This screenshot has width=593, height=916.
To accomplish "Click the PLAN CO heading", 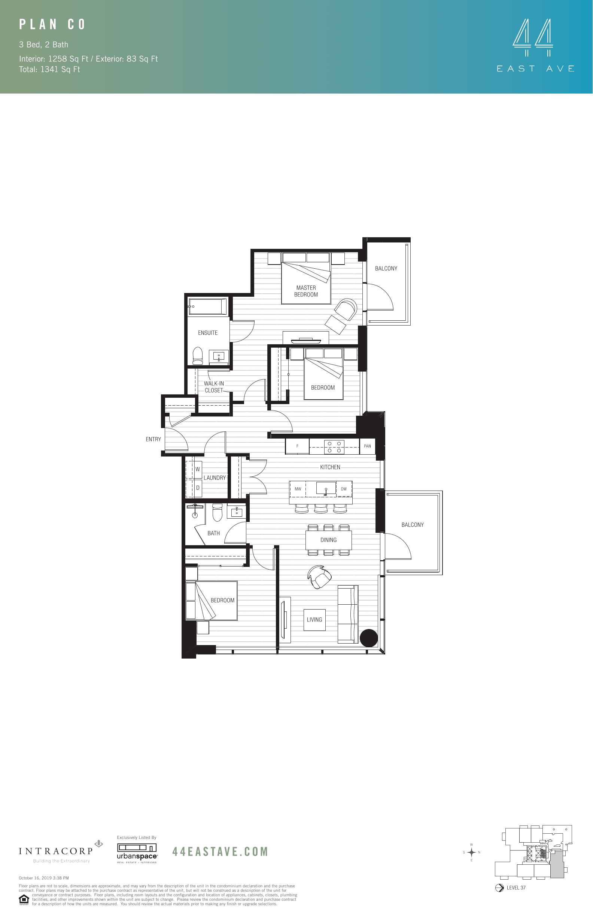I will [x=52, y=25].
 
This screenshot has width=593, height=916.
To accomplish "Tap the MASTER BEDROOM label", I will [x=306, y=291].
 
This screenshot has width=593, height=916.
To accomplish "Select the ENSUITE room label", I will [x=207, y=333].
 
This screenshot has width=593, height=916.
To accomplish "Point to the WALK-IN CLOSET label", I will [x=214, y=387].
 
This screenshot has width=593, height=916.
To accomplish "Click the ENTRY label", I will [x=153, y=439].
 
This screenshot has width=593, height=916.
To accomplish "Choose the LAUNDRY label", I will [x=215, y=477].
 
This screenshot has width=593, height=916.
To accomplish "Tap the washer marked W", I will [x=198, y=469].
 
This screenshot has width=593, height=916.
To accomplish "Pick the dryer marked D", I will [x=198, y=488].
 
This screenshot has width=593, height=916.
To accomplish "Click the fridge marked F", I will [x=297, y=446].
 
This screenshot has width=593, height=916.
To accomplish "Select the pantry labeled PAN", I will [x=367, y=446].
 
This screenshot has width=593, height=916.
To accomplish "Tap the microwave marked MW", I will [x=298, y=489].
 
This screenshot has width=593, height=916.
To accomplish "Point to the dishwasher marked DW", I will [x=343, y=489].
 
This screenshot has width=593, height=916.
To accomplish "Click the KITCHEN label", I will [x=330, y=467].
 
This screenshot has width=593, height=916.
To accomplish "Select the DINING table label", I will [x=328, y=540].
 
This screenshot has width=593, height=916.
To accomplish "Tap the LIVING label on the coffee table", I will [x=314, y=620].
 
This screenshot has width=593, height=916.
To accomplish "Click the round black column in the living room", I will [x=368, y=638].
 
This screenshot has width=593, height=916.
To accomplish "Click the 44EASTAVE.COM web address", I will [x=220, y=851].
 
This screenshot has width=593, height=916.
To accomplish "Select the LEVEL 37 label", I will [x=516, y=888].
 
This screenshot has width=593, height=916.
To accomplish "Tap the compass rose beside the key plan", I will [x=471, y=852].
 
